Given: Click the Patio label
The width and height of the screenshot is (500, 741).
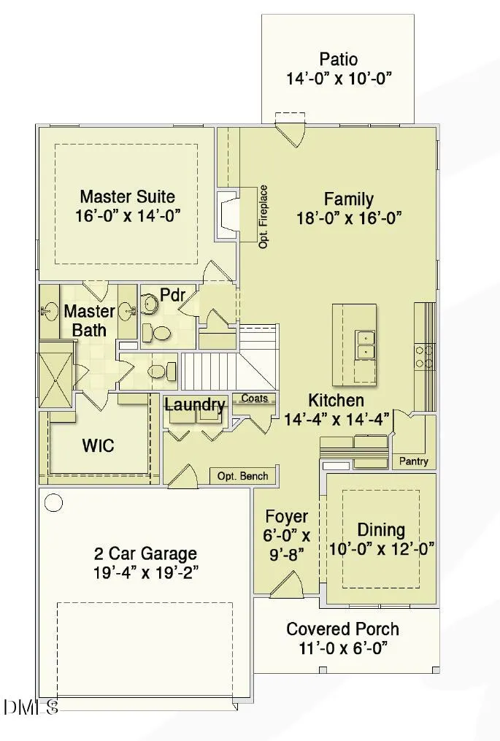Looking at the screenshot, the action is pyautogui.click(x=339, y=60).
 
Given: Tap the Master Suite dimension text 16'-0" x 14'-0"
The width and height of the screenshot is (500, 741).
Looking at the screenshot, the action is pyautogui.click(x=128, y=216).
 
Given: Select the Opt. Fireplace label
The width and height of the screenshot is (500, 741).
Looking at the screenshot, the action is pyautogui.click(x=264, y=217).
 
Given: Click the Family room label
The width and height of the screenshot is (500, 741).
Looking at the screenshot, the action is pyautogui.click(x=348, y=199).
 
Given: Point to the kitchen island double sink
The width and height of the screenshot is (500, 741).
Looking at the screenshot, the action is pyautogui.click(x=366, y=344).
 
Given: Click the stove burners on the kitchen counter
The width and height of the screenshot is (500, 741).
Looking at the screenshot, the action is pyautogui.click(x=424, y=356).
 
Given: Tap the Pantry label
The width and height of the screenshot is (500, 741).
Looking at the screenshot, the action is pyautogui.click(x=414, y=461).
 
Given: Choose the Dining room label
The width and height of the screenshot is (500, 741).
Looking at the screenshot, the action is pyautogui.click(x=381, y=530).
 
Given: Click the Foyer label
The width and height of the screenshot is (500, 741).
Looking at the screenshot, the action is pyautogui.click(x=286, y=517).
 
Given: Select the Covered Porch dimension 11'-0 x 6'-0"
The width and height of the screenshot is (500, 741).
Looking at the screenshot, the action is pyautogui.click(x=344, y=648).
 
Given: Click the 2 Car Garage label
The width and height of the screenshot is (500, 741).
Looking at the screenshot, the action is pyautogui.click(x=145, y=553).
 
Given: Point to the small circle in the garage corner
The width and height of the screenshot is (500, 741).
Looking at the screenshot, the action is pyautogui.click(x=53, y=502).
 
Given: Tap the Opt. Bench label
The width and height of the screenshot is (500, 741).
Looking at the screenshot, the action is pyautogui.click(x=242, y=476).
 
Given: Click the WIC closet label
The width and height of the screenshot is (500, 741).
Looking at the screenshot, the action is pyautogui.click(x=98, y=445).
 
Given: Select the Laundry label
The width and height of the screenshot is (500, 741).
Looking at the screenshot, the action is pyautogui.click(x=195, y=404).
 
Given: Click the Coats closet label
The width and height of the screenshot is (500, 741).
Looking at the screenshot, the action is pyautogui.click(x=254, y=399).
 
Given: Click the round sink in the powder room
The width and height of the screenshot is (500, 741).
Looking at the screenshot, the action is pyautogui.click(x=151, y=304).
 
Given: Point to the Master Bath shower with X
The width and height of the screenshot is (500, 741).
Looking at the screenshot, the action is pyautogui.click(x=55, y=380).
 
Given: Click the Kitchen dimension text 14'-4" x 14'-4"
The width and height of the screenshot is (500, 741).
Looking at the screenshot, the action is pyautogui.click(x=336, y=419).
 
